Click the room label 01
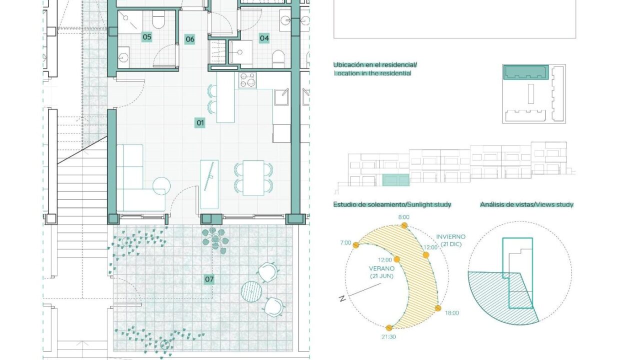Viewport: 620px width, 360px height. pos(200,122)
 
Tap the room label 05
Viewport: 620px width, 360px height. pos(147,37)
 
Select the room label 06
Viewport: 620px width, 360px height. pos(190,39)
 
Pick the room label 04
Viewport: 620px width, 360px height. pos(264,38)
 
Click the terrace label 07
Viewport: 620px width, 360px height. pos(209,279)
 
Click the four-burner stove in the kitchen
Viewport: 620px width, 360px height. pos(247,80)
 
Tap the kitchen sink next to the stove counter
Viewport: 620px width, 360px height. pos(281,97)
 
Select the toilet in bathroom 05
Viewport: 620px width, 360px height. pos(158,20)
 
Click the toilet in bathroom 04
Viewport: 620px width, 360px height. pos(278,58)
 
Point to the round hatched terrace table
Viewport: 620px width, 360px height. pos(251,291)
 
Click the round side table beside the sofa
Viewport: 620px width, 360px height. pos(161,186)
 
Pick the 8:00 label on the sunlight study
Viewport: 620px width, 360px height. pos(404,217)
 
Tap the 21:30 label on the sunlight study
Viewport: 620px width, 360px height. pos(388,337)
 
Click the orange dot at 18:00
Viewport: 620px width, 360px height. pos(438,308)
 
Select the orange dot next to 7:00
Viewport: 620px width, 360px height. pos(356,245)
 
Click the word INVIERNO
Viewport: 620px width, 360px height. pos(451,237)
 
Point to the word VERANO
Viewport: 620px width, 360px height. pos(381,268)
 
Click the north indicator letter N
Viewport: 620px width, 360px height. pos(342,298)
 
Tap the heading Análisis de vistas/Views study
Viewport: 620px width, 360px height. pos(526,204)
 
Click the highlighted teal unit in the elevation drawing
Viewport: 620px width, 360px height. pos(396,180)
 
